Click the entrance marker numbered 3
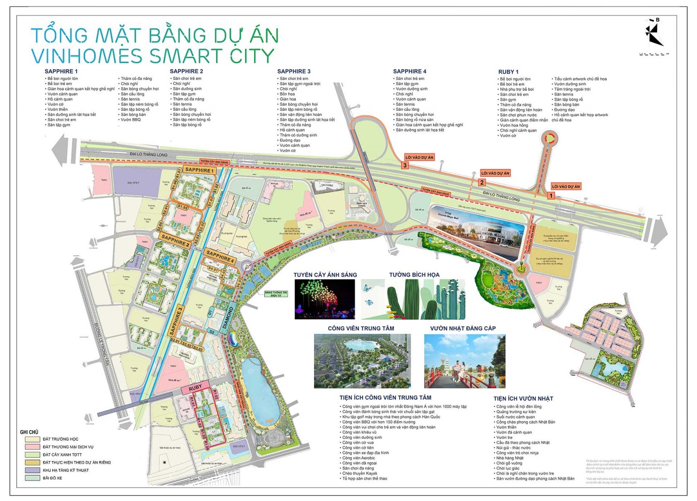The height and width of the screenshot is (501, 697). [405, 165]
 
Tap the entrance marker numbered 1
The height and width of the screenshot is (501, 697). [551, 196]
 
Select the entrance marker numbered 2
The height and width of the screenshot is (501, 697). [482, 183]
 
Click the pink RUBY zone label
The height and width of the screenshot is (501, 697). [195, 387]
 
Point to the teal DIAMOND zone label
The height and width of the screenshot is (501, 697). [228, 318]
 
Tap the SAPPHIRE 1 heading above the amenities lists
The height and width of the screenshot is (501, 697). [61, 71]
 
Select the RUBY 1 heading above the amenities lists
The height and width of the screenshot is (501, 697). [508, 72]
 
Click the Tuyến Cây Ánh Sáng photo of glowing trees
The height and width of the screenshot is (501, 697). [324, 299]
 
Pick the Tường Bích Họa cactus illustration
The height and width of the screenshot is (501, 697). [413, 299]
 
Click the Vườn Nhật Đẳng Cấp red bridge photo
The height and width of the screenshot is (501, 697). [464, 361]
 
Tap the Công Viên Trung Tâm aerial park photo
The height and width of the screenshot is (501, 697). [362, 361]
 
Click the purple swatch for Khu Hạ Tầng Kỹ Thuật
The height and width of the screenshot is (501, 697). [32, 470]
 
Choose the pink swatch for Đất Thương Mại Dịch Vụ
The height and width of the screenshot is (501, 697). [32, 447]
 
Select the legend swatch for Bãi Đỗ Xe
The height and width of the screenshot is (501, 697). [32, 478]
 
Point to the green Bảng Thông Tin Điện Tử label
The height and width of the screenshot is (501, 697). [276, 293]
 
